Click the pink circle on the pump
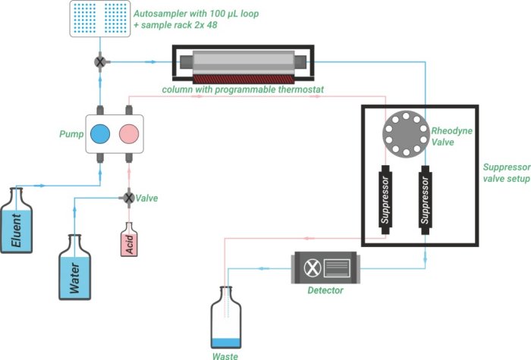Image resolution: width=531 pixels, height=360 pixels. click(x=130, y=134)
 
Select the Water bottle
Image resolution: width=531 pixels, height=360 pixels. click(x=75, y=269)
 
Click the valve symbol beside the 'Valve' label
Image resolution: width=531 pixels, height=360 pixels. click(x=128, y=198)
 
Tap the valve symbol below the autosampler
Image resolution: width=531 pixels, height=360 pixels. click(x=99, y=61)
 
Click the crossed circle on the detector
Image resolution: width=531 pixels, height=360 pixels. click(x=310, y=268)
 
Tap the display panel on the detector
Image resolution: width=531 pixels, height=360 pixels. click(x=337, y=268)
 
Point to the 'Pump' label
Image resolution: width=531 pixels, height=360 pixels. click(x=71, y=134)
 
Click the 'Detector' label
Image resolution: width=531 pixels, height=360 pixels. click(x=325, y=290)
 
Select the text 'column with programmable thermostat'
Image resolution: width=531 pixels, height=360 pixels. click(x=243, y=89)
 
